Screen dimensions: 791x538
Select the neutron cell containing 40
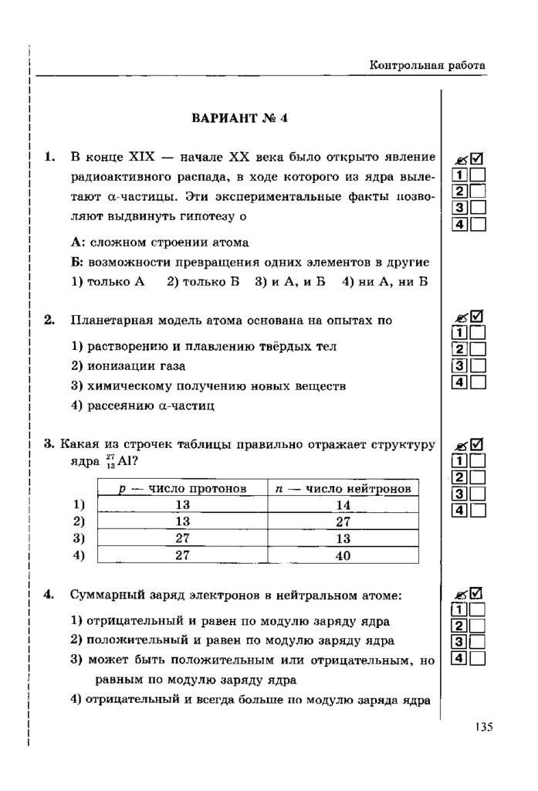tap(343, 555)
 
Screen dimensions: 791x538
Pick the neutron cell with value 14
tap(343, 504)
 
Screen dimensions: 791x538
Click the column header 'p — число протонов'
tap(181, 488)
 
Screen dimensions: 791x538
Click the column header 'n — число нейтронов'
tap(343, 488)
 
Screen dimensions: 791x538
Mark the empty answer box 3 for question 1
tap(478, 207)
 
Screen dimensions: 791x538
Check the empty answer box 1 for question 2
tap(478, 333)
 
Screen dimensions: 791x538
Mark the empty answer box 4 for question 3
tap(478, 510)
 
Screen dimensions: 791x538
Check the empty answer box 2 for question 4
tap(478, 626)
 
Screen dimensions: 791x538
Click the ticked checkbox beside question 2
tap(477, 316)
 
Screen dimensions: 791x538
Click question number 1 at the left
tap(49, 158)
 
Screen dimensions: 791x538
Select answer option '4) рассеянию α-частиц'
tap(142, 404)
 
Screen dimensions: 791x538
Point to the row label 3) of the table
tap(78, 538)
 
